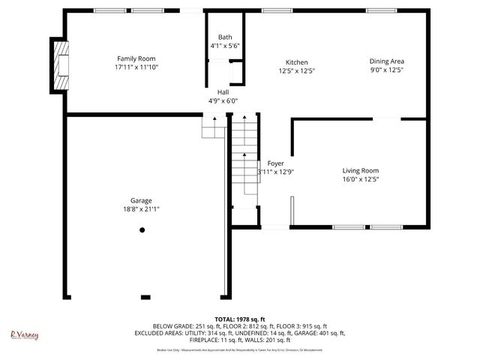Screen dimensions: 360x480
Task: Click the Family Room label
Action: [136, 58]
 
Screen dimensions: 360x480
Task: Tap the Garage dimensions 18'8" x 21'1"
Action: [141, 209]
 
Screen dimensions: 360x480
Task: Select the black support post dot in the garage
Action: [142, 230]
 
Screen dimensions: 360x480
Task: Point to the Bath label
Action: [225, 37]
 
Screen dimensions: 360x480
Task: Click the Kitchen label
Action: [296, 62]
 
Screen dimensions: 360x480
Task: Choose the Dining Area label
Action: [387, 62]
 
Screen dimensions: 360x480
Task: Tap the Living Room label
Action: [361, 170]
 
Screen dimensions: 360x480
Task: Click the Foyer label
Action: [275, 163]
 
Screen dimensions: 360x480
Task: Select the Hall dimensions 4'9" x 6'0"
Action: [223, 100]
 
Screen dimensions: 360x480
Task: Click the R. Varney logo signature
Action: [24, 335]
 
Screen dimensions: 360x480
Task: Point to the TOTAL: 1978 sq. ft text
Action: [240, 319]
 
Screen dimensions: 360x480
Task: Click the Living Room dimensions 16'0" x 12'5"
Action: [361, 179]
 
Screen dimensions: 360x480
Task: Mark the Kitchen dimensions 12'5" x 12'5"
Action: [296, 71]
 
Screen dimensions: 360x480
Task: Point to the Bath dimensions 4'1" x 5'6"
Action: [225, 46]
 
